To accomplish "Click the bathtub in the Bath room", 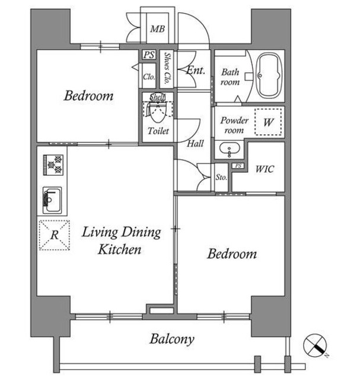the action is (x=269, y=75).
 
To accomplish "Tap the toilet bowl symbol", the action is (x=158, y=112).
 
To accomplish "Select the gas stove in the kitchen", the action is (x=53, y=165).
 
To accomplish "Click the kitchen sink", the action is (x=52, y=200).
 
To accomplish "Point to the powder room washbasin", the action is (x=230, y=148).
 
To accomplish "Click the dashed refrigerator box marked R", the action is (x=55, y=235).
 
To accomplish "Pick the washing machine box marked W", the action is (x=268, y=121).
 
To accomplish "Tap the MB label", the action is (x=157, y=29).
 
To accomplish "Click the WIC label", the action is (x=265, y=169).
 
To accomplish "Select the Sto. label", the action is (x=221, y=177).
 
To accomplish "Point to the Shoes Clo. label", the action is (x=167, y=68).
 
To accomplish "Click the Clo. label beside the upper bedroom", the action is (x=149, y=77).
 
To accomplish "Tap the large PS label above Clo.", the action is (x=149, y=55).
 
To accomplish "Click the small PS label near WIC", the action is (x=238, y=166).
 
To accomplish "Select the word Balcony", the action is (x=172, y=339).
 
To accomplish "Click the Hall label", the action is (x=195, y=144).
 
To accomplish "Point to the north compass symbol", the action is (x=315, y=345).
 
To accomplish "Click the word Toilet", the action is (x=158, y=131).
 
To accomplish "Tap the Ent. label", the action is (x=196, y=70).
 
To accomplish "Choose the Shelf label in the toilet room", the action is (x=157, y=97).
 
